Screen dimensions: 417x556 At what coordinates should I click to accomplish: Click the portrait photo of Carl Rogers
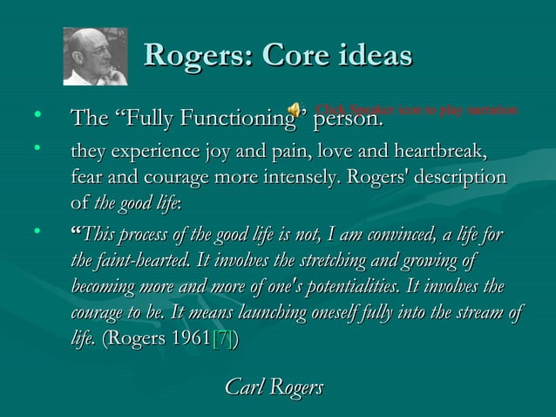coord(95,57)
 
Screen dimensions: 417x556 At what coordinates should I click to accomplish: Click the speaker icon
coord(296,111)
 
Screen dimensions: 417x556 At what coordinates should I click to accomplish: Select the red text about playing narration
coord(417,111)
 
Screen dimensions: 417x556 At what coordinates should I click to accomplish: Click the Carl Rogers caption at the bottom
coord(274,386)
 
